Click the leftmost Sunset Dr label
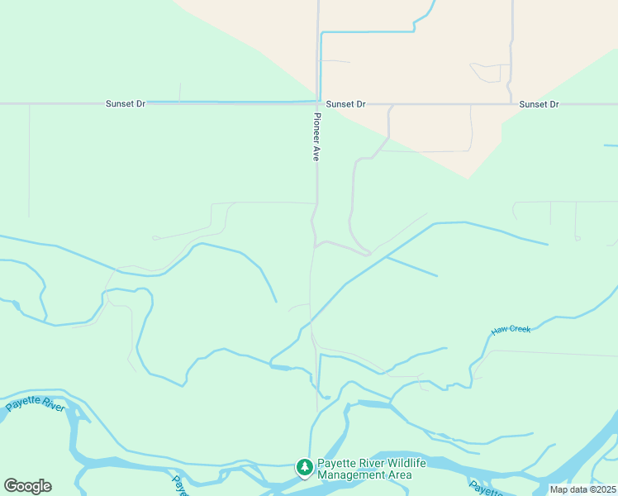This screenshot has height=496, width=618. (x=126, y=104)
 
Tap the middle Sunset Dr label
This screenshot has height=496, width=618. (x=345, y=104)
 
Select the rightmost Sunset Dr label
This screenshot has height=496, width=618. (x=539, y=104)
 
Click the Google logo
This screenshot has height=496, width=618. (x=27, y=486)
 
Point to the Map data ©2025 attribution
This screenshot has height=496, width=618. (x=582, y=489)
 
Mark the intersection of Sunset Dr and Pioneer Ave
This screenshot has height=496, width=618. (x=317, y=103)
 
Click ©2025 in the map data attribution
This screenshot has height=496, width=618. (x=599, y=489)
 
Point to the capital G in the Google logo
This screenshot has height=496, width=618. (x=11, y=486)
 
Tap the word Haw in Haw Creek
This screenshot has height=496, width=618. (x=498, y=331)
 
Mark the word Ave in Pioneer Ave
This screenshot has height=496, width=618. (x=316, y=152)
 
